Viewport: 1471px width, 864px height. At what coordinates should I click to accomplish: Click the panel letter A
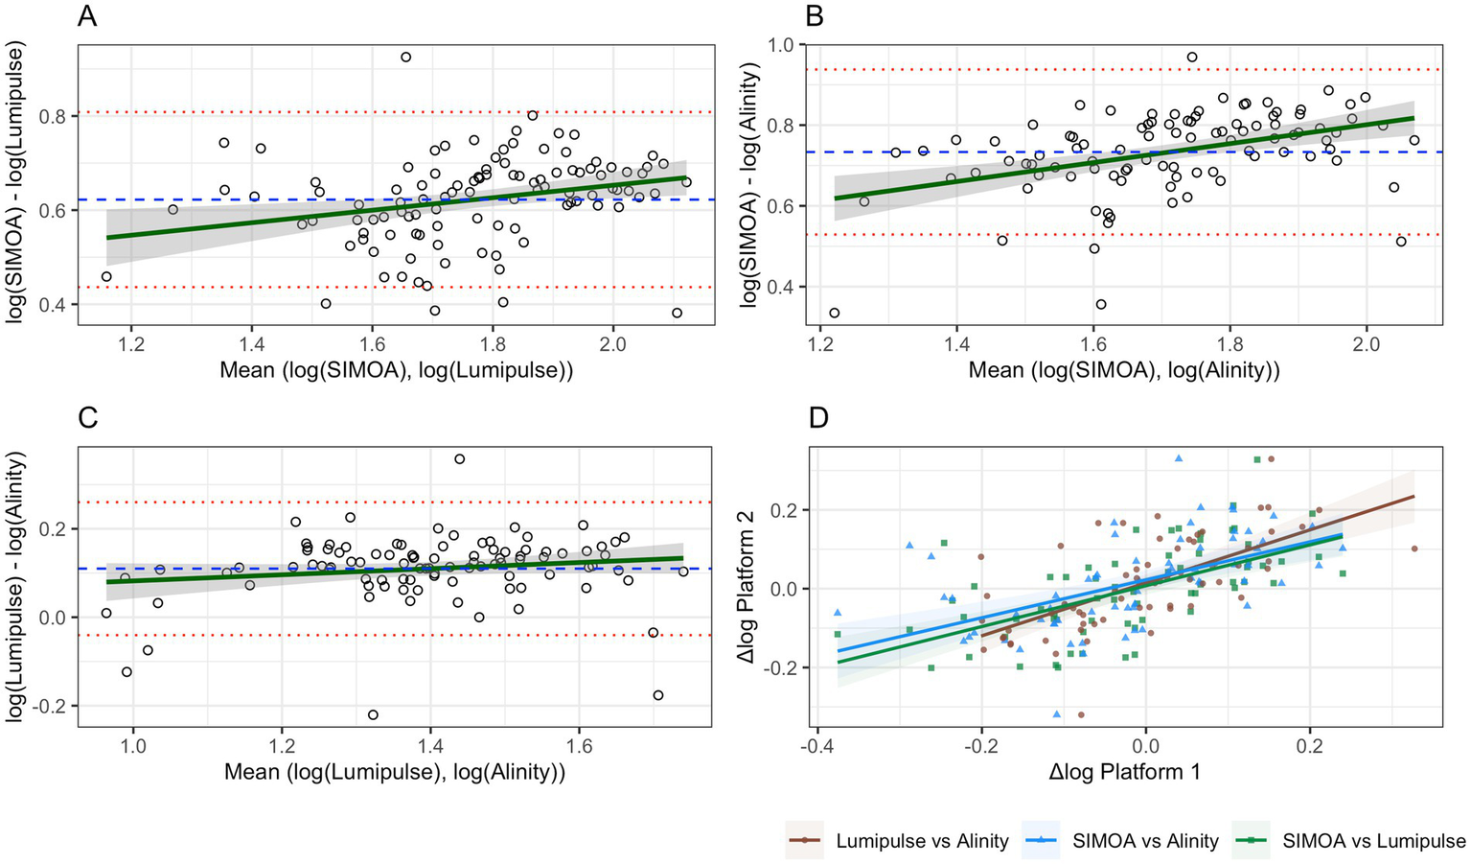coord(87,16)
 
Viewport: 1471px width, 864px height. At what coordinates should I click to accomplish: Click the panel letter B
coord(816,16)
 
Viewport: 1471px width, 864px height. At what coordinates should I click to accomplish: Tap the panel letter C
coord(88,419)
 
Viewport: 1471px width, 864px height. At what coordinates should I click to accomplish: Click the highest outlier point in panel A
coord(405,58)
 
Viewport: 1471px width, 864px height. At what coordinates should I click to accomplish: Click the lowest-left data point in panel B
coord(834,313)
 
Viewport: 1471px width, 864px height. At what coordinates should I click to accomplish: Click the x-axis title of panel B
coord(1124,370)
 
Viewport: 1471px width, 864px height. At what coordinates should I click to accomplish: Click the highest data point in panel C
coord(460,459)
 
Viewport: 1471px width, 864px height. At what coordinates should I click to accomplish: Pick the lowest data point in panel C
coord(373,714)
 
